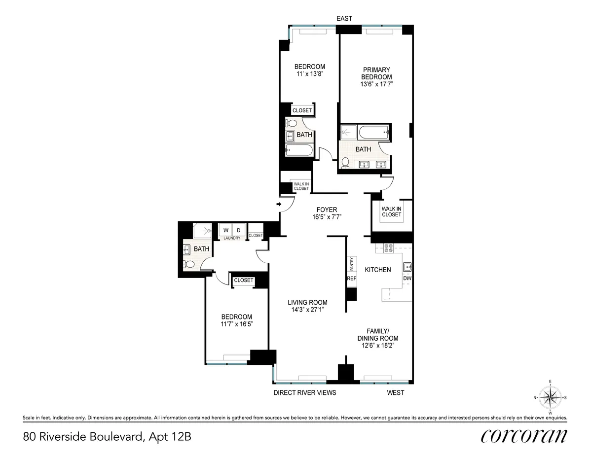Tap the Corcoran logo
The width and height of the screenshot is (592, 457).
point(523,436)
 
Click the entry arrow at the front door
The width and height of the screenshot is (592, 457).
point(279,204)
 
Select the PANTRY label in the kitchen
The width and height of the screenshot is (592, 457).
point(352,265)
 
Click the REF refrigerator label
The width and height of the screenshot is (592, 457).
point(352,279)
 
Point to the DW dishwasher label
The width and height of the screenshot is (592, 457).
point(407,279)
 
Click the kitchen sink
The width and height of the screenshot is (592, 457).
point(407,268)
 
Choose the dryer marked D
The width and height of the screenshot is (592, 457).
point(239,230)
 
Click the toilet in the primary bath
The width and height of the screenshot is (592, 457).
point(345,162)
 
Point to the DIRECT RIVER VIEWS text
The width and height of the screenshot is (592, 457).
point(305,393)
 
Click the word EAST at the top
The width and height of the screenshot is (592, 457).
point(344,18)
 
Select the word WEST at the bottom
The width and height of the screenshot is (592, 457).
point(396,393)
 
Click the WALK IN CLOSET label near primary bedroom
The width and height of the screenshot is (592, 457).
point(391,211)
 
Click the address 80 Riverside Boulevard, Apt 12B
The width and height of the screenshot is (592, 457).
point(106,436)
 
